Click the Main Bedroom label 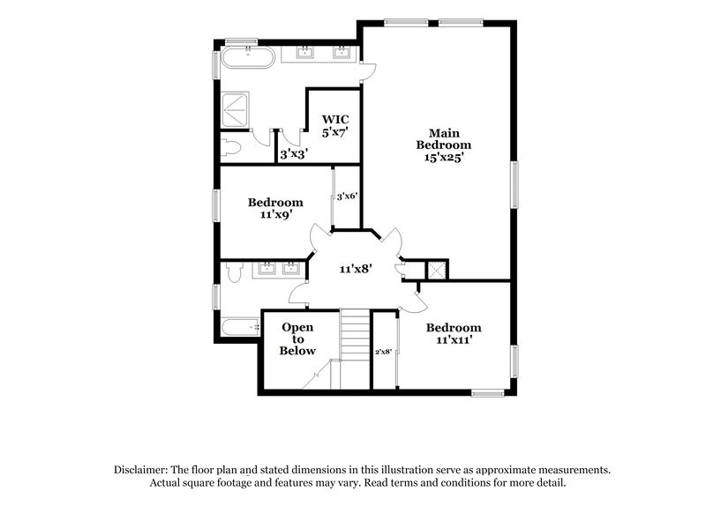(x=444, y=145)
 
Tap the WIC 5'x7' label (x=334, y=125)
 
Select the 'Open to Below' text (x=297, y=338)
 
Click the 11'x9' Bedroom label (x=275, y=207)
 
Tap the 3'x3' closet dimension (x=292, y=153)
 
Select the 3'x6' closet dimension (x=346, y=197)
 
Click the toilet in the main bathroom (x=231, y=146)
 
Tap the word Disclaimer (x=143, y=471)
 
